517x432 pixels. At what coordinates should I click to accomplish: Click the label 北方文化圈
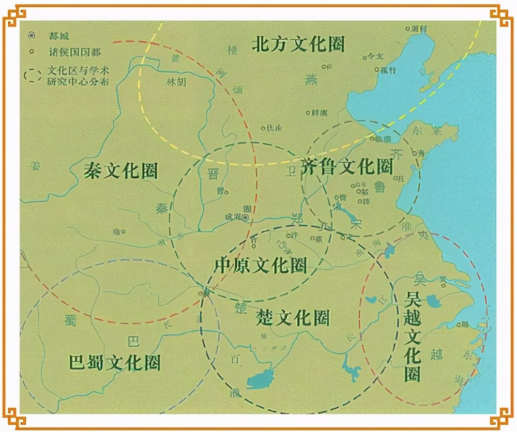pyautogui.click(x=298, y=44)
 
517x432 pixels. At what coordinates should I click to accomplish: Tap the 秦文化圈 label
pyautogui.click(x=120, y=171)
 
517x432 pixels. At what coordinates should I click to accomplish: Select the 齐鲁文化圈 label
pyautogui.click(x=347, y=166)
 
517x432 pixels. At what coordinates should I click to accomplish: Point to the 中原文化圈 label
pyautogui.click(x=261, y=266)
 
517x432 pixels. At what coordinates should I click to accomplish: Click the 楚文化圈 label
pyautogui.click(x=293, y=318)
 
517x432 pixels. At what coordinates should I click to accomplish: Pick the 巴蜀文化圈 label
pyautogui.click(x=114, y=362)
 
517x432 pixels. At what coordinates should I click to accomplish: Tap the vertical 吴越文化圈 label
pyautogui.click(x=413, y=336)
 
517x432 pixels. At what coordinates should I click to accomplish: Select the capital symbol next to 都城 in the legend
pyautogui.click(x=32, y=36)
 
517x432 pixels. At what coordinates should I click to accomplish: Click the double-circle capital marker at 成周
pyautogui.click(x=246, y=218)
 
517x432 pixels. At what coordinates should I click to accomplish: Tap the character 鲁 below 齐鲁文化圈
pyautogui.click(x=380, y=188)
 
